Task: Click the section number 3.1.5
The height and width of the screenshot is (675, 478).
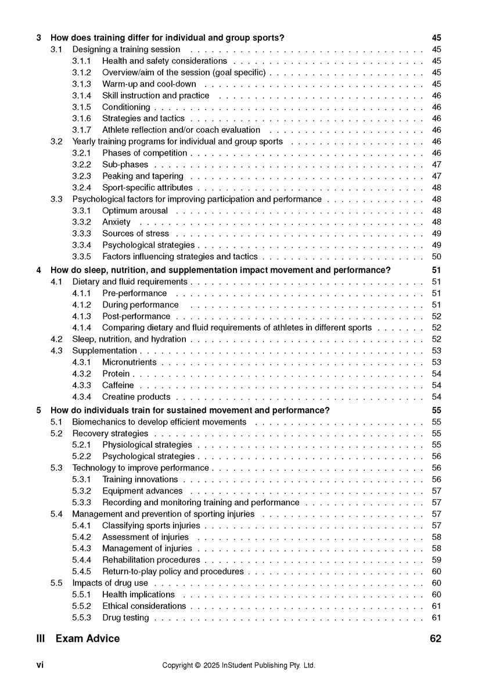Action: click(81, 107)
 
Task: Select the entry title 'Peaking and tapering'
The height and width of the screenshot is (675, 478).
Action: click(142, 176)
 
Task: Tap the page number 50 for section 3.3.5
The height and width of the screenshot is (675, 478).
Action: click(437, 256)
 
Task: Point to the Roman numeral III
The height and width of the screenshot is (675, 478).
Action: click(41, 638)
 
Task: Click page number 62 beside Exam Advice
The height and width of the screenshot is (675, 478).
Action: click(436, 638)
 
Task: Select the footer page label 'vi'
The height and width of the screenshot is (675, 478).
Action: click(39, 665)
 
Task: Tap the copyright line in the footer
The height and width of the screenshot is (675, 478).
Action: click(239, 665)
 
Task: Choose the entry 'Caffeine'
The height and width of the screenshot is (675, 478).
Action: click(118, 385)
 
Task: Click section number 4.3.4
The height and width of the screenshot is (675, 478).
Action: click(81, 397)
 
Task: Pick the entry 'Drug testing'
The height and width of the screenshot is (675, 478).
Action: click(125, 618)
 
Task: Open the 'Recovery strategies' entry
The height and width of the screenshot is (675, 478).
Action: click(110, 433)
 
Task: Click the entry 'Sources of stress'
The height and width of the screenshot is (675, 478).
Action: click(135, 233)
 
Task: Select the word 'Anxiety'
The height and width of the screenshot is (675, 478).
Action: click(116, 222)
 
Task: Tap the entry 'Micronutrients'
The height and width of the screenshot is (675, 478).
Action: click(129, 362)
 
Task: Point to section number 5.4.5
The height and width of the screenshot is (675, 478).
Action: click(81, 571)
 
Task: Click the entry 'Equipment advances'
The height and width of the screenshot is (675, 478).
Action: click(142, 491)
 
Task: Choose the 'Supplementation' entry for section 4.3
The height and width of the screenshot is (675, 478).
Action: click(105, 350)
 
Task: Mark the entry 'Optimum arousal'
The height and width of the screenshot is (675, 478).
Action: click(135, 211)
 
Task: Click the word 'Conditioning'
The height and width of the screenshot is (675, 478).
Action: click(126, 107)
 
